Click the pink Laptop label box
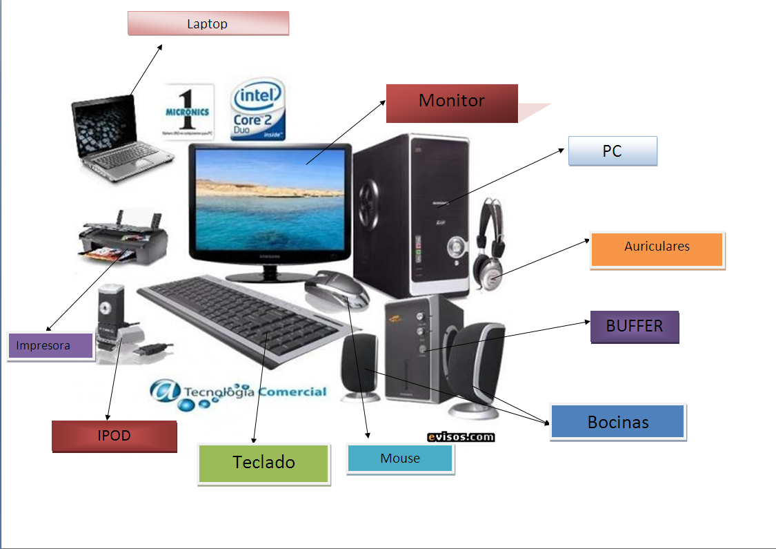tap(208, 23)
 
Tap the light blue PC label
tap(613, 151)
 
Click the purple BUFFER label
tap(635, 327)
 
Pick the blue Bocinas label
tap(618, 422)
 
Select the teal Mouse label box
tap(400, 459)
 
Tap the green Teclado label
tap(263, 463)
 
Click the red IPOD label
tap(114, 436)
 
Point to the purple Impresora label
tap(50, 346)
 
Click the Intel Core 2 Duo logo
tap(259, 110)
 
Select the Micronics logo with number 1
tap(188, 110)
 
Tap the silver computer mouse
tap(337, 289)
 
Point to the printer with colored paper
tap(124, 238)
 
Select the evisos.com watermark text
tap(460, 436)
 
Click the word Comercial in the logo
tap(292, 392)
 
